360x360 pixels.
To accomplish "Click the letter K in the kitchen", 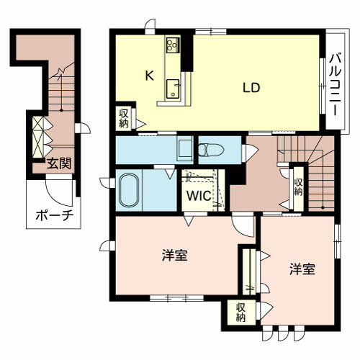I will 149,75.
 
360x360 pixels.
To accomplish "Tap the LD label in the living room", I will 251,89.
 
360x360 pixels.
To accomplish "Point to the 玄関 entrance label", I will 59,164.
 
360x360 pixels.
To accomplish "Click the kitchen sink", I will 173,88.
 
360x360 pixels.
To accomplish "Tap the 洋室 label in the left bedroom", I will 175,255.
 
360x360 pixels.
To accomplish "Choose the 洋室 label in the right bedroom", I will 302,269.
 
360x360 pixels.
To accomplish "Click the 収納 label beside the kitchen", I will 124,117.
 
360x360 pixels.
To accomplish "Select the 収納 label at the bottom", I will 240,311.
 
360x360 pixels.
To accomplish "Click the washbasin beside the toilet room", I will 184,149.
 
